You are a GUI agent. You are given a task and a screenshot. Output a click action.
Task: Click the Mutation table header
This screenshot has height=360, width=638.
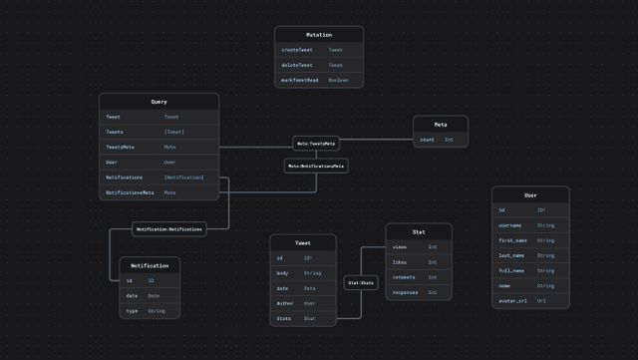click(319, 35)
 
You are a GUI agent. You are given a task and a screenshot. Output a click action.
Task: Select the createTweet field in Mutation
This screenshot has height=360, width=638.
click(297, 49)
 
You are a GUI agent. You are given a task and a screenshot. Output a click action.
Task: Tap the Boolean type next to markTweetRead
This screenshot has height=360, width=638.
click(339, 80)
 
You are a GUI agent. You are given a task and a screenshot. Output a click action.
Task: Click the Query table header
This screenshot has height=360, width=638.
click(159, 102)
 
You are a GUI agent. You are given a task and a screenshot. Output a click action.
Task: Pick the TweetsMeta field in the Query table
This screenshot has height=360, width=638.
click(121, 147)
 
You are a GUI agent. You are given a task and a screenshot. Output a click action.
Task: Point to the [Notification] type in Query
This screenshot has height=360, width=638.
click(184, 178)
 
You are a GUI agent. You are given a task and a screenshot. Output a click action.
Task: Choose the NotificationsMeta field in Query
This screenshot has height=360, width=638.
click(131, 192)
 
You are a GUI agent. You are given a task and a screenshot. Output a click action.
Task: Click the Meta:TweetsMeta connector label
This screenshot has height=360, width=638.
click(316, 144)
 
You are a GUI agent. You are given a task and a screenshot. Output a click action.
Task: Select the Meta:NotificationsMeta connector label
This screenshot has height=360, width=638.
click(316, 166)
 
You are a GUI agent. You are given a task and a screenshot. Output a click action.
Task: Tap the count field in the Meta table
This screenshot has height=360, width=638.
click(427, 140)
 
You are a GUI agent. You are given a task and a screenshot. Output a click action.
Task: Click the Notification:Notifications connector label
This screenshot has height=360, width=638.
click(168, 229)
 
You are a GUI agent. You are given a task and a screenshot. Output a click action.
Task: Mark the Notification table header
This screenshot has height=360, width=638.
click(150, 265)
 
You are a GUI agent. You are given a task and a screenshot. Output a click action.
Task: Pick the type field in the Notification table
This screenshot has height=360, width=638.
click(132, 311)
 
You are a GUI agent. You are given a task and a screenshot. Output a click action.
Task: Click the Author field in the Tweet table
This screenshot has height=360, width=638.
click(285, 303)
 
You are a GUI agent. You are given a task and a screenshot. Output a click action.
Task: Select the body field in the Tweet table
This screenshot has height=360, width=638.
click(282, 272)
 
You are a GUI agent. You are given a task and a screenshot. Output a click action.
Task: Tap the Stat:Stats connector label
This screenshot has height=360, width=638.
click(361, 283)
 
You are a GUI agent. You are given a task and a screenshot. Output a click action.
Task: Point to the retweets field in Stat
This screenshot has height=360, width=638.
click(405, 277)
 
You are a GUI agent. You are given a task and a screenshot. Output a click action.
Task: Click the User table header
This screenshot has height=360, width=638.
click(530, 195)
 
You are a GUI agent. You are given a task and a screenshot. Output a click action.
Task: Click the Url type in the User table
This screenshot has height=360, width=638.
click(541, 300)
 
